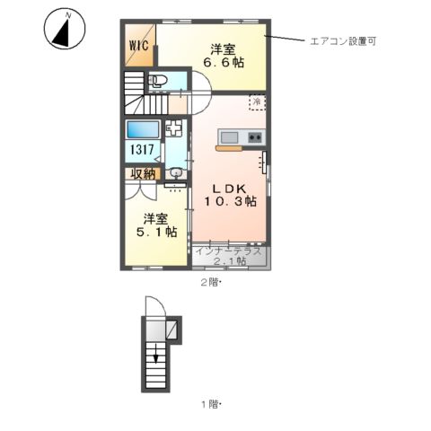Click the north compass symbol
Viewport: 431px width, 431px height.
pyautogui.click(x=63, y=30)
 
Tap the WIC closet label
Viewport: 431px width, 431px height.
pyautogui.click(x=138, y=44)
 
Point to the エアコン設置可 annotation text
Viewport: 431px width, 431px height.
pyautogui.click(x=342, y=40)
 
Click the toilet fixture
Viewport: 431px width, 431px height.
pyautogui.click(x=159, y=83)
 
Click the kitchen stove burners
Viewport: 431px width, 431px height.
pyautogui.click(x=254, y=137)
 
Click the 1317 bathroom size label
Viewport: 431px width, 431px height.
pyautogui.click(x=144, y=151)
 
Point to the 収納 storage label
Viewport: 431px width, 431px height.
pyautogui.click(x=143, y=173)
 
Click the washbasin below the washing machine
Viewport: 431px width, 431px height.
pyautogui.click(x=176, y=172)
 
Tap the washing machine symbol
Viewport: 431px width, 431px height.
pyautogui.click(x=174, y=128)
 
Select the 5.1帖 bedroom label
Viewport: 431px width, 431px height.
pyautogui.click(x=155, y=224)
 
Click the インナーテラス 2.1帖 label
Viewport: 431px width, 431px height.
pyautogui.click(x=229, y=255)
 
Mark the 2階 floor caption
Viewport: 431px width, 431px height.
pyautogui.click(x=210, y=282)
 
